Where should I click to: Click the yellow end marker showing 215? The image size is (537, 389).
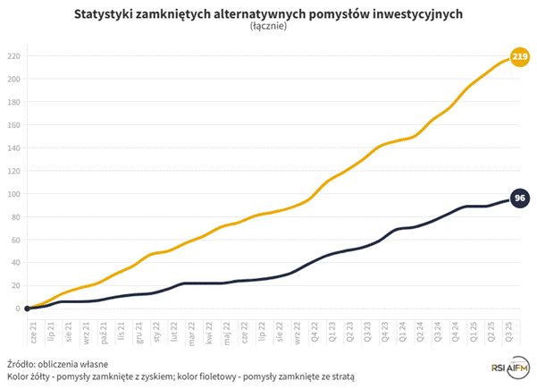coord(518,57)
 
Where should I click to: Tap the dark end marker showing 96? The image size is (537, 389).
coord(518,199)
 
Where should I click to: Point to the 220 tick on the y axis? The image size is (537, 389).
coord(13,55)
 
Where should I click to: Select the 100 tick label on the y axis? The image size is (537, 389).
coord(13,193)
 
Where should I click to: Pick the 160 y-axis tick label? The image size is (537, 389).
coord(13,124)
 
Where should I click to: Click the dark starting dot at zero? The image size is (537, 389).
coord(28,309)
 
